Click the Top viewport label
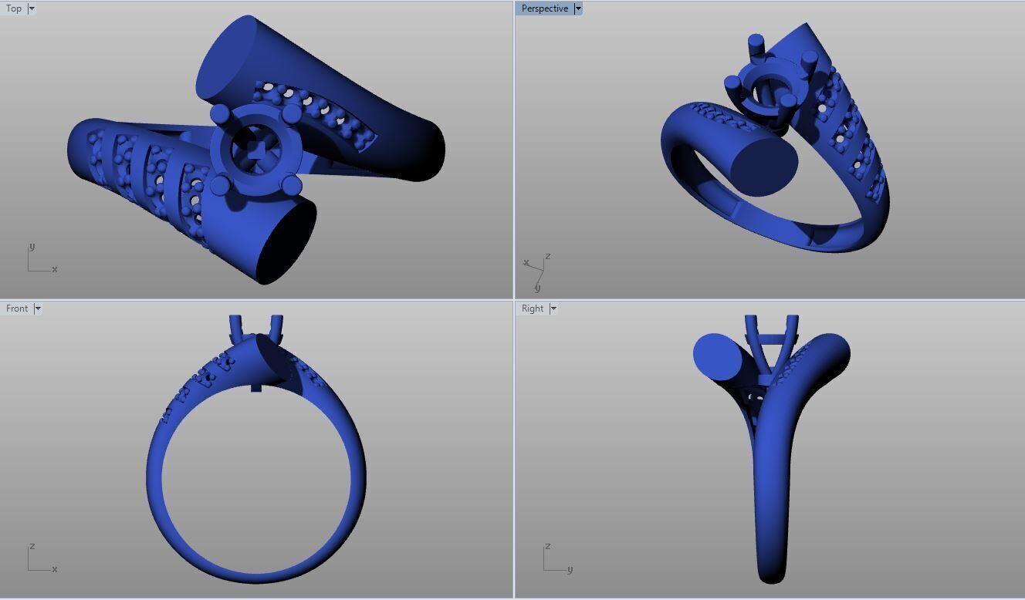(14, 8)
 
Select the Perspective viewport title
(544, 8)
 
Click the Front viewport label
(17, 308)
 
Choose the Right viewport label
(533, 308)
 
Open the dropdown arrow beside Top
(32, 8)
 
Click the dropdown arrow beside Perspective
(577, 8)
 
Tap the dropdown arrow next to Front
(38, 308)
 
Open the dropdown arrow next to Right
(553, 308)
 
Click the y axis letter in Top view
(32, 247)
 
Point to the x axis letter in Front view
(55, 569)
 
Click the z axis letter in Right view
(547, 546)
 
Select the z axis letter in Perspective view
(547, 256)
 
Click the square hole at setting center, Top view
(255, 150)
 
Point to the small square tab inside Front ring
(256, 387)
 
